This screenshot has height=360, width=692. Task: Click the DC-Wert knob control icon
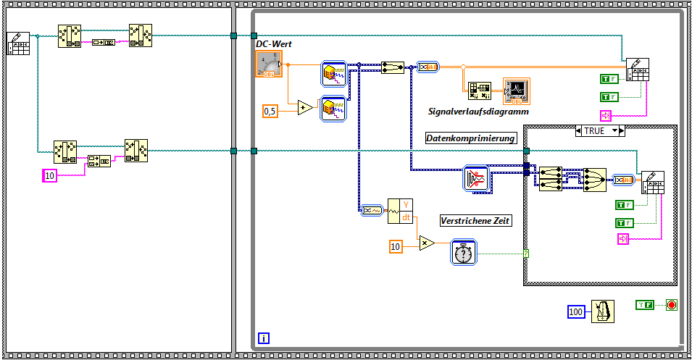click(270, 64)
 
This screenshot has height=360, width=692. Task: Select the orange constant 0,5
click(270, 111)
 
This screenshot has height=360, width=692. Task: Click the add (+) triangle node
click(305, 108)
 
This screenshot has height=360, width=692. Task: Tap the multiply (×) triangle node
click(426, 244)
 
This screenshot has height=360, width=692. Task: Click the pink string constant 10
click(49, 175)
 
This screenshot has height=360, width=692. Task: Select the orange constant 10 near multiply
click(396, 247)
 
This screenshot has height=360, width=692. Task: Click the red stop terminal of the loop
click(671, 305)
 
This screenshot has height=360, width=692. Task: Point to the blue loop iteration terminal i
click(264, 338)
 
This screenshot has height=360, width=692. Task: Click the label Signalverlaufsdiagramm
click(478, 112)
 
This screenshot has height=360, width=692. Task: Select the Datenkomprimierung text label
click(470, 138)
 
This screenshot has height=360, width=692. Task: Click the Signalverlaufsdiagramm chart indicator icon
click(517, 91)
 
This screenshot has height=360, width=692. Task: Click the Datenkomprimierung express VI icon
click(476, 179)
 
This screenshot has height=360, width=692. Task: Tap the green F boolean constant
click(646, 305)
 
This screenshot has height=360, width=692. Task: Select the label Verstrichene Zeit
click(475, 220)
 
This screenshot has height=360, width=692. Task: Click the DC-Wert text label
click(273, 45)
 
